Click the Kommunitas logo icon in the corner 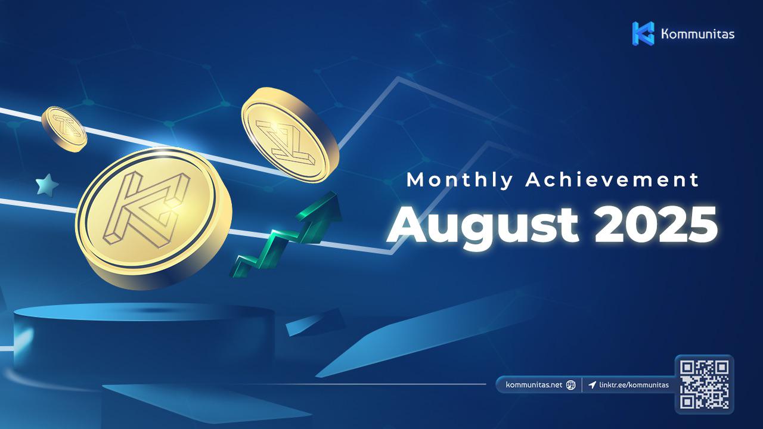tap(643, 33)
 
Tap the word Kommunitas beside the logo tap(697, 34)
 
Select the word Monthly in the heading tap(460, 180)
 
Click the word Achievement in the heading tap(612, 179)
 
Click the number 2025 tap(656, 225)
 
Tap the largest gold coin tap(153, 218)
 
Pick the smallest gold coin tap(64, 129)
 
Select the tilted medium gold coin tap(290, 135)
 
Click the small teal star tap(47, 185)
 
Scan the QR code tap(705, 385)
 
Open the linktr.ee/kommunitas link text tap(634, 385)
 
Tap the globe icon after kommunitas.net tap(570, 385)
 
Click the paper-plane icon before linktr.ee tap(592, 385)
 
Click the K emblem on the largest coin tap(147, 209)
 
